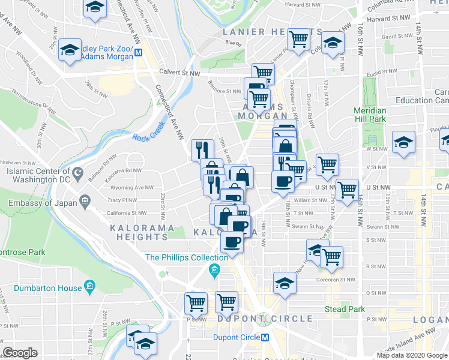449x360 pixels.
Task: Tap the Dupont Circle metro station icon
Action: [265, 337]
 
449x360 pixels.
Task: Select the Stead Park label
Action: [345, 310]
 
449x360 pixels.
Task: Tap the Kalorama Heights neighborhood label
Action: [139, 232]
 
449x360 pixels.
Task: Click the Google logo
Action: [20, 353]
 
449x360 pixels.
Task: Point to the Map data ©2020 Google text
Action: [412, 355]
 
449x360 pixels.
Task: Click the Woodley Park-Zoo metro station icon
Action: [139, 52]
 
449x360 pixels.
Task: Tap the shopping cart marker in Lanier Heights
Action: [298, 40]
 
